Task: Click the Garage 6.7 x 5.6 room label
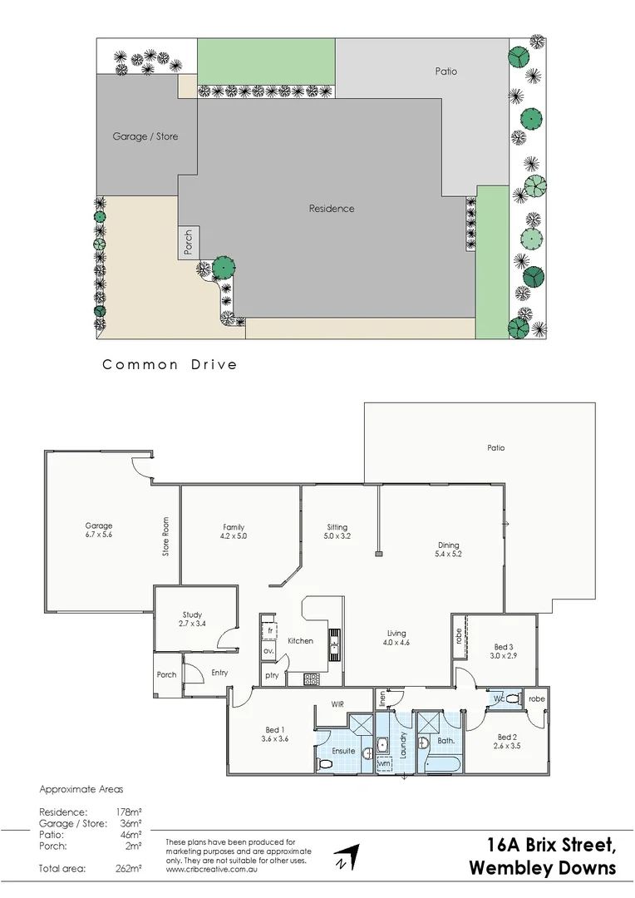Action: (x=98, y=530)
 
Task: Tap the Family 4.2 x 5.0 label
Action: (x=234, y=532)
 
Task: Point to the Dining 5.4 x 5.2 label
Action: (x=448, y=550)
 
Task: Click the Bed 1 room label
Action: (x=274, y=733)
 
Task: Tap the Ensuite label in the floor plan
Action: (x=343, y=751)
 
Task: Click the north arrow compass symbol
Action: (x=348, y=858)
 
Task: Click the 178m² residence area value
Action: (x=128, y=812)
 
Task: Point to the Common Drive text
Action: (x=170, y=364)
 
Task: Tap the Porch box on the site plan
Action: (x=188, y=243)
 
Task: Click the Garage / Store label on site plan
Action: (x=145, y=136)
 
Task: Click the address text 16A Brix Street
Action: (x=551, y=846)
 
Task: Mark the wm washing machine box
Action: (x=384, y=762)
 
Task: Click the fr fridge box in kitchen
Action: (x=269, y=629)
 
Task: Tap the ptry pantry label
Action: (x=272, y=676)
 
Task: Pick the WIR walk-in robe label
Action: (x=337, y=703)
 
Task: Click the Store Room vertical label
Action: (x=165, y=538)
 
